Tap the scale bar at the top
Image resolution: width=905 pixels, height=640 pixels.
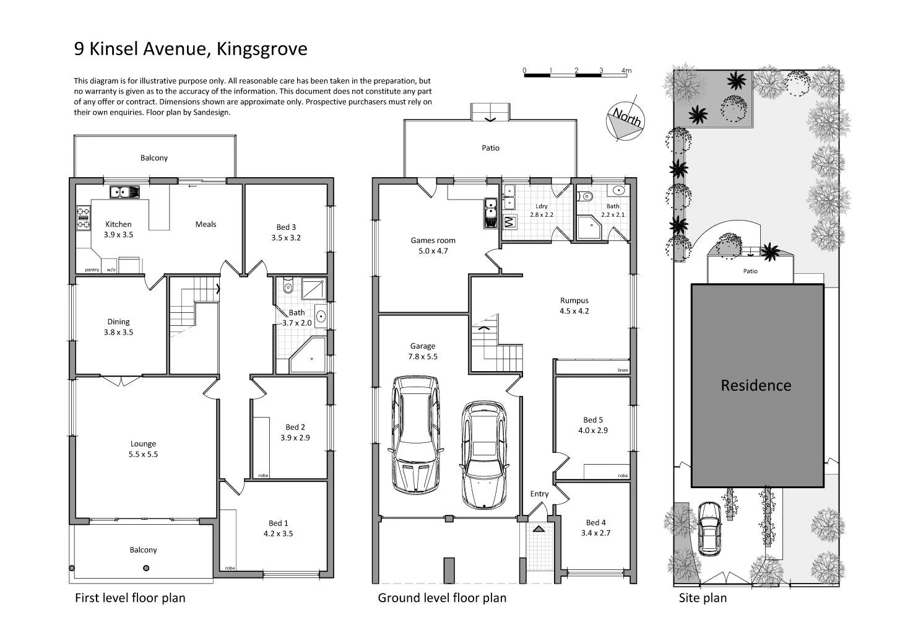tap(575, 74)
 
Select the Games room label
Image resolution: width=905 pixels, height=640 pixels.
tap(433, 245)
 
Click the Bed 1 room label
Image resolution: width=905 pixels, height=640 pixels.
tap(278, 528)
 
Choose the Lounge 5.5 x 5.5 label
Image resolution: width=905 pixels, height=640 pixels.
tap(143, 449)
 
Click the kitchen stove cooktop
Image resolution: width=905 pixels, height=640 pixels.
tap(83, 218)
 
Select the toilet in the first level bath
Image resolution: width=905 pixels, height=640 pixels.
tap(287, 288)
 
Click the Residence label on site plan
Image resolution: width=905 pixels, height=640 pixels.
tap(756, 385)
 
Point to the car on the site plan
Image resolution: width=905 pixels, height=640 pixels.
tap(709, 528)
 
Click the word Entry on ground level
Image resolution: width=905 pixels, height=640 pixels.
tap(539, 494)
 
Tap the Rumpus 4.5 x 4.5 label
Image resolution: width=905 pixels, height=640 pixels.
tap(574, 305)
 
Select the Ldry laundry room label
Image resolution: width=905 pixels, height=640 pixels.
tap(541, 210)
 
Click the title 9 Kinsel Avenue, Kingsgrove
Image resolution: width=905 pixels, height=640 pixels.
tap(191, 48)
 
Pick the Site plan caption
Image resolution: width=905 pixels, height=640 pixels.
tap(703, 598)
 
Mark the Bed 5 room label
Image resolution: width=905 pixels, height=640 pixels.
tap(593, 424)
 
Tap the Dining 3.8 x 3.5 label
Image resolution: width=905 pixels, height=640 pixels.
tap(118, 327)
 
